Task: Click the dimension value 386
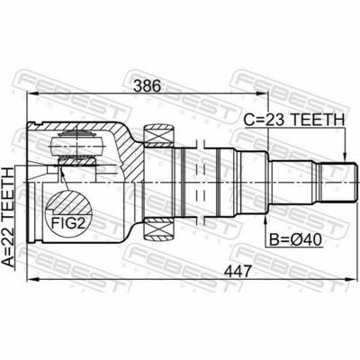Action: (x=148, y=86)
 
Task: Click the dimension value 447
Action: (x=238, y=272)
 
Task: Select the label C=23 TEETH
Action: (x=294, y=120)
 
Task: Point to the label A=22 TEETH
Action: (x=8, y=217)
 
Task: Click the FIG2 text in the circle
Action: (x=68, y=223)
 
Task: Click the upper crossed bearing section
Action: (x=159, y=136)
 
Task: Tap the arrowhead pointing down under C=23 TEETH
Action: (x=345, y=155)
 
